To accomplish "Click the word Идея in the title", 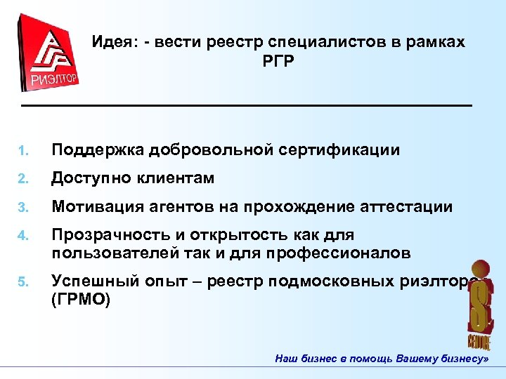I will (x=111, y=43).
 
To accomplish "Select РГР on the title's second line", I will (x=278, y=62).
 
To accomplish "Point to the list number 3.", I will (x=22, y=208).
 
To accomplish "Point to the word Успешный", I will (x=91, y=281).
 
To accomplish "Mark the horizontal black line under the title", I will (x=246, y=105).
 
